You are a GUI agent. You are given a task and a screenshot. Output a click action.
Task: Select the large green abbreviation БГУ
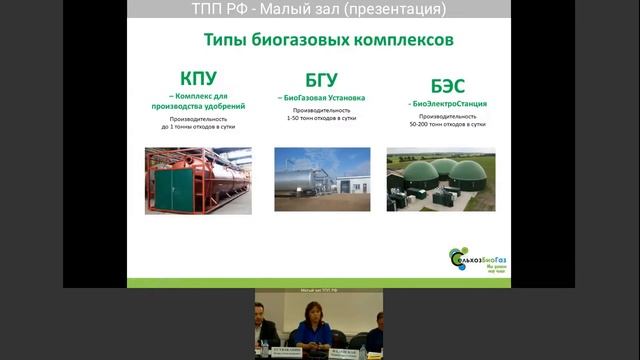pos(322,80)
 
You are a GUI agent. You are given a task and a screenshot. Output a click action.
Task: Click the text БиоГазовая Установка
pos(323,98)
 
